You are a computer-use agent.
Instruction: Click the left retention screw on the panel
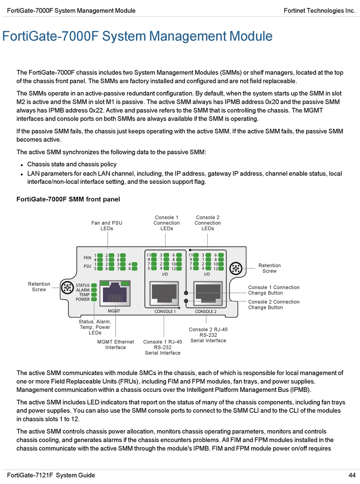[68, 287]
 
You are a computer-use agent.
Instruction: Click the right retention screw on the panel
[236, 269]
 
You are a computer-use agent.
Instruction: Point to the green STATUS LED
[94, 285]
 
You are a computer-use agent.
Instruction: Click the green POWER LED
[94, 299]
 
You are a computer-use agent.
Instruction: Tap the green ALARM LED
[94, 290]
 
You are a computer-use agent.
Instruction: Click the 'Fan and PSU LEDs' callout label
[107, 226]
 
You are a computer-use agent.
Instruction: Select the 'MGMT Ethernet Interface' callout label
[116, 345]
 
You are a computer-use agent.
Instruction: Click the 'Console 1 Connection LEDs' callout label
[166, 223]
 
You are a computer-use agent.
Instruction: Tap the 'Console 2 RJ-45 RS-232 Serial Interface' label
[208, 335]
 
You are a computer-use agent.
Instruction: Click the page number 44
[352, 475]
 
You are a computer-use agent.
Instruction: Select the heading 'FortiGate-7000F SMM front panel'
[68, 199]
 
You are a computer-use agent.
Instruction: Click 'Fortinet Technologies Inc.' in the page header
[319, 11]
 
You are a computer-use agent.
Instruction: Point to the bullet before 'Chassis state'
[22, 165]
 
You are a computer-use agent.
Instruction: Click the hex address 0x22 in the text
[97, 110]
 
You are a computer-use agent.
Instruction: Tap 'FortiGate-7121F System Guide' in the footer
[51, 475]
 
